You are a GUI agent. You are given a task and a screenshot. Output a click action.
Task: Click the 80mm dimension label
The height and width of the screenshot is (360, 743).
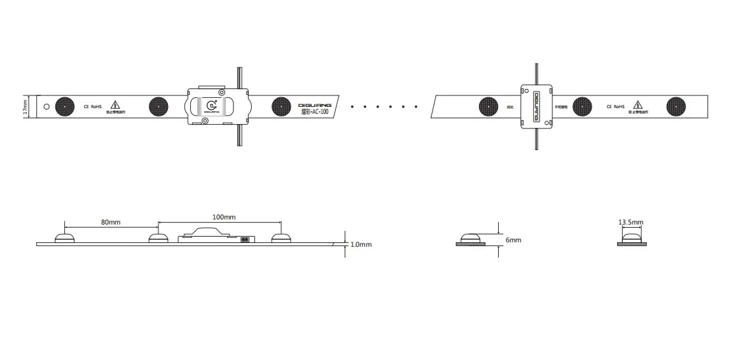pyautogui.click(x=111, y=223)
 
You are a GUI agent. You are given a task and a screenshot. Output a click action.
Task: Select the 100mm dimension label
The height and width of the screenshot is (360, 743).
pyautogui.click(x=224, y=217)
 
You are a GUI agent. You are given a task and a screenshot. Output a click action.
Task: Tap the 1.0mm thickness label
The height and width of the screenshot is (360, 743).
pyautogui.click(x=361, y=244)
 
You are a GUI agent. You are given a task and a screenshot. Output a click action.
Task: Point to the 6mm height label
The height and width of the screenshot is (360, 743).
pyautogui.click(x=513, y=240)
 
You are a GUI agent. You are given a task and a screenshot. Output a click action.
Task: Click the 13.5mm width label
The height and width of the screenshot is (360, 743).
pyautogui.click(x=630, y=223)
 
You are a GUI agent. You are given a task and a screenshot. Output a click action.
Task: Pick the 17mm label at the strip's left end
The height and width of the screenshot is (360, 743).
pyautogui.click(x=25, y=106)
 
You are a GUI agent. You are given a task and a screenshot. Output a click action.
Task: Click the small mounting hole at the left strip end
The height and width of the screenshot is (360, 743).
pyautogui.click(x=46, y=106)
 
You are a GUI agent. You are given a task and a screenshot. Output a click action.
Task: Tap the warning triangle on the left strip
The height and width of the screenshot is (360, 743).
pyautogui.click(x=115, y=105)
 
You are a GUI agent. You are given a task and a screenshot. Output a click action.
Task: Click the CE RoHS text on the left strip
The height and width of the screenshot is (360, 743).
pyautogui.click(x=92, y=106)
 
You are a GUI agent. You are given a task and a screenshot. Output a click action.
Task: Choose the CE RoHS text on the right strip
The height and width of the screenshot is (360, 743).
pyautogui.click(x=615, y=106)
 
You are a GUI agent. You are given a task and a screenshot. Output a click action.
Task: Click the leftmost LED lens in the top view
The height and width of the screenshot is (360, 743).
pyautogui.click(x=64, y=106)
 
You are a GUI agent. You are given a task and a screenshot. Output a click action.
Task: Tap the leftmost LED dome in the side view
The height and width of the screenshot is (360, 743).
pyautogui.click(x=64, y=238)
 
